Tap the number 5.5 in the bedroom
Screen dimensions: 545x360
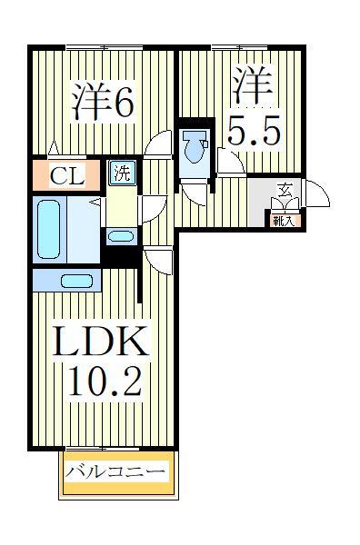(x=248, y=133)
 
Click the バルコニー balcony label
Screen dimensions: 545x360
(x=116, y=472)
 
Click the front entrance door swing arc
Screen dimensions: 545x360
(x=315, y=193)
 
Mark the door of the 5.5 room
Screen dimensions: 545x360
(x=228, y=163)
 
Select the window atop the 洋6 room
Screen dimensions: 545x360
(x=102, y=45)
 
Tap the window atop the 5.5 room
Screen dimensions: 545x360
(x=239, y=45)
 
